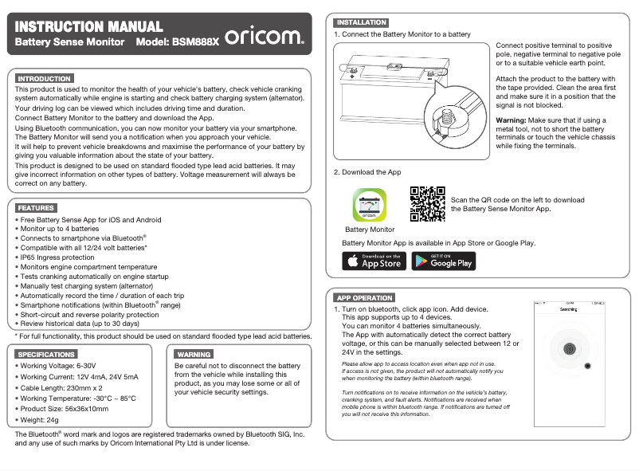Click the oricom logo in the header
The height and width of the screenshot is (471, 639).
point(264,36)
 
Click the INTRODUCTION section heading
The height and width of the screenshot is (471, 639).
point(45,79)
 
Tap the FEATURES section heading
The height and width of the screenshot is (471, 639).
point(36,208)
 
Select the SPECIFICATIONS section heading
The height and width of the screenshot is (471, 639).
point(47,354)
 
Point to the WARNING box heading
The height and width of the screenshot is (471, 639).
point(194,354)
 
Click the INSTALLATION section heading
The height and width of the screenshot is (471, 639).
point(361,22)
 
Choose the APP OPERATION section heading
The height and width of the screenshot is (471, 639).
point(364,297)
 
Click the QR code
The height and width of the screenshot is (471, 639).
point(427,204)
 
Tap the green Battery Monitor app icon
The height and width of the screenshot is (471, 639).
point(369,206)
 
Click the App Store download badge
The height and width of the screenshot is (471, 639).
point(374,261)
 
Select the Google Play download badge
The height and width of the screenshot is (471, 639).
point(444,261)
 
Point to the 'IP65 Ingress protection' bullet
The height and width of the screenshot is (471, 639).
point(57,257)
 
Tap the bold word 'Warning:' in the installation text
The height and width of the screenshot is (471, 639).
point(512,120)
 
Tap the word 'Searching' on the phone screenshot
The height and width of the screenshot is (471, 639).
point(568,309)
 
